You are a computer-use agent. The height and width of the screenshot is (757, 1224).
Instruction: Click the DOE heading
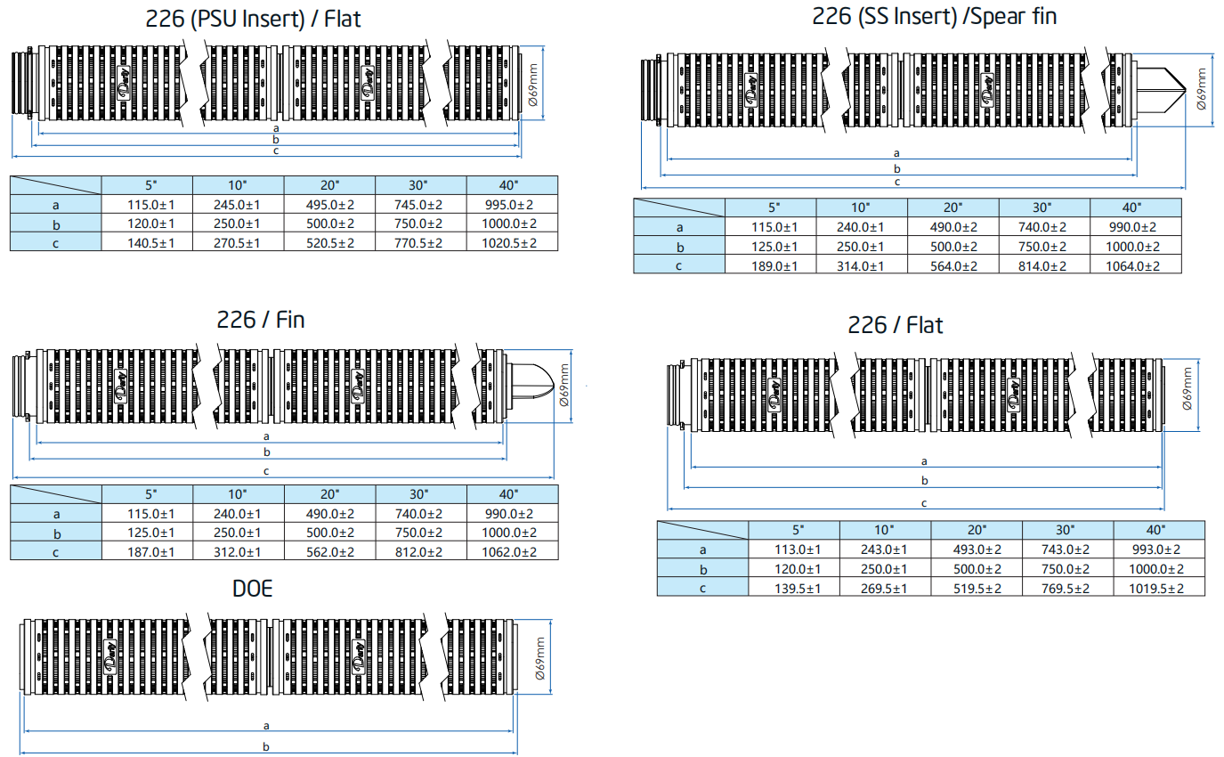click(252, 589)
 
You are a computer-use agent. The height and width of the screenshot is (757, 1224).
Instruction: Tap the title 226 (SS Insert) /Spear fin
click(934, 16)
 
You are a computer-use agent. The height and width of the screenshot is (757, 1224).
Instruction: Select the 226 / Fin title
click(260, 320)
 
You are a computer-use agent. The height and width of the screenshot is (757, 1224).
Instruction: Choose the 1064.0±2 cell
click(1135, 265)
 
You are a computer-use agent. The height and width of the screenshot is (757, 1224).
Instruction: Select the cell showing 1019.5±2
click(1158, 589)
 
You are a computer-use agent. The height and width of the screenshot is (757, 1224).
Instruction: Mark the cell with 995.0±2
click(512, 205)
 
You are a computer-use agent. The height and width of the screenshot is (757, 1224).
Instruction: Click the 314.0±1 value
click(862, 265)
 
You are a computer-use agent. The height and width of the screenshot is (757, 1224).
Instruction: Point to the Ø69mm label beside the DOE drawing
click(539, 658)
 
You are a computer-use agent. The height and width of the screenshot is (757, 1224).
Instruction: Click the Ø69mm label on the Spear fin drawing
click(1201, 87)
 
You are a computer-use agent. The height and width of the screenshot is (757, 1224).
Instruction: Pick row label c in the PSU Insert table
click(55, 242)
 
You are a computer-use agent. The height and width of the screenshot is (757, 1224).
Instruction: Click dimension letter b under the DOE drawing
click(266, 746)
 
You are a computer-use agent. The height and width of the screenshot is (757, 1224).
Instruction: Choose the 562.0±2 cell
click(330, 551)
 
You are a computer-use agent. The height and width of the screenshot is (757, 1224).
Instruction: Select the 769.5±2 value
click(1066, 589)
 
